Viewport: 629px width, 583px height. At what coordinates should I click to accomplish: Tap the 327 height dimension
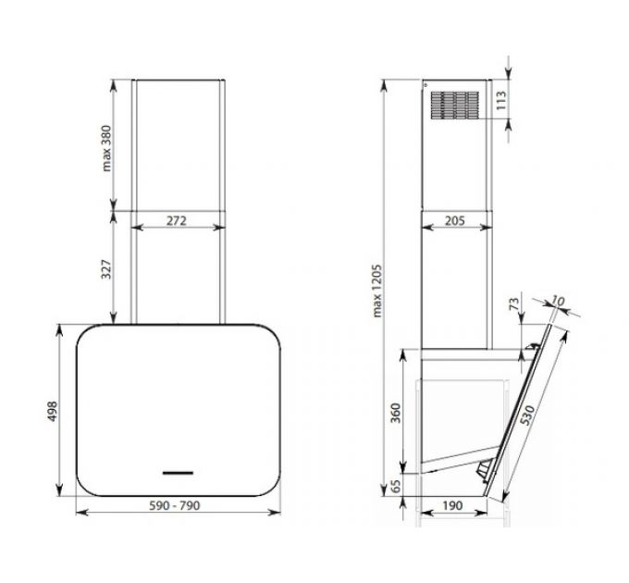pos(107,269)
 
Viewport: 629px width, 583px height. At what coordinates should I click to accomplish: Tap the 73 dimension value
pos(514,304)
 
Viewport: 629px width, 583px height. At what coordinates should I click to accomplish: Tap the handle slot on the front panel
pos(177,473)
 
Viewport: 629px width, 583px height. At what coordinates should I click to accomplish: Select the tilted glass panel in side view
pos(526,407)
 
